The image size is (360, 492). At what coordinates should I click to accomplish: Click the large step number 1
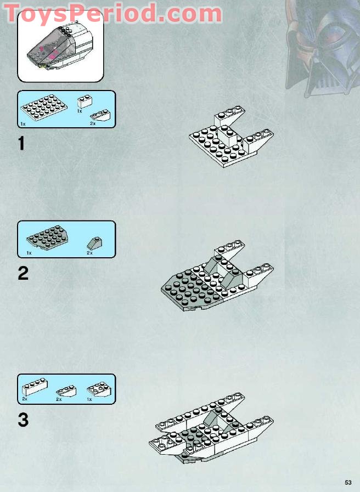[x=21, y=143]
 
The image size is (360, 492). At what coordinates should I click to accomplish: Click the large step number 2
[x=23, y=273]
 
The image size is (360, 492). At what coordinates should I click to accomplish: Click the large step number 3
[x=23, y=420]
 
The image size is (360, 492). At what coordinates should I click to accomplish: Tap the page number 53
[x=348, y=482]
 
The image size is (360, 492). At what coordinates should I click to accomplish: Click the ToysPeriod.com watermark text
[x=113, y=13]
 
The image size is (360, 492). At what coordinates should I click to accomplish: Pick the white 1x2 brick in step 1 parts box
[x=85, y=101]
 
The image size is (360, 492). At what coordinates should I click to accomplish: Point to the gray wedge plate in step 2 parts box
[x=47, y=237]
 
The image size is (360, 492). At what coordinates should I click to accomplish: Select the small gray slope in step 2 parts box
[x=94, y=243]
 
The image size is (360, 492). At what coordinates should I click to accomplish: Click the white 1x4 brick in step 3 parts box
[x=35, y=387]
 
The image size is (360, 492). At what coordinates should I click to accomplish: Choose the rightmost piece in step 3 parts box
[x=99, y=389]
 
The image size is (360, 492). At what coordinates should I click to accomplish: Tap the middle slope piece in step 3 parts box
[x=66, y=391]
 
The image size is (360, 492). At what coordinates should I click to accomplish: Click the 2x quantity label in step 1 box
[x=93, y=123]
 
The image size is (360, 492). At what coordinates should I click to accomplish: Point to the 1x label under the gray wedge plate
[x=29, y=253]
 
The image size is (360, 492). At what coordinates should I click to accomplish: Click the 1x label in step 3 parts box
[x=89, y=399]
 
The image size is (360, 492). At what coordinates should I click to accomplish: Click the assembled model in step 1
[x=232, y=137]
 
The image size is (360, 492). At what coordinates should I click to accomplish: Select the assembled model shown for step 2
[x=217, y=275]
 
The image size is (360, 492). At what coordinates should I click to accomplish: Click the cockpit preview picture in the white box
[x=60, y=46]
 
